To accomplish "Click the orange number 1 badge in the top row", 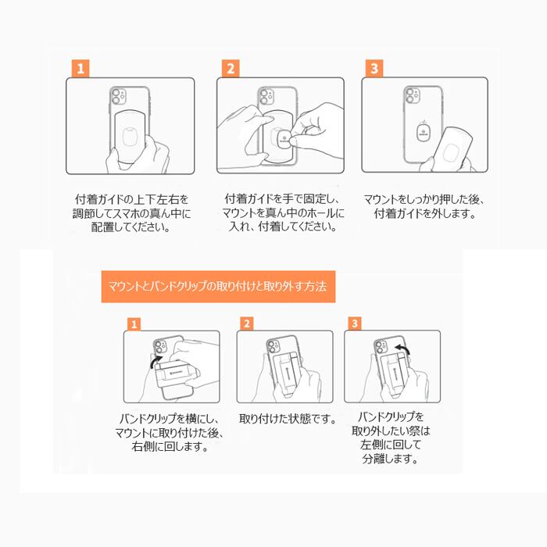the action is click(80, 69).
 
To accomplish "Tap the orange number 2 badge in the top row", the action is click(231, 68).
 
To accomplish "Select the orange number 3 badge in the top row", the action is click(374, 68).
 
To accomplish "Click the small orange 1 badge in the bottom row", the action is click(134, 324).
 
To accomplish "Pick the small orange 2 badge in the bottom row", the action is click(247, 324).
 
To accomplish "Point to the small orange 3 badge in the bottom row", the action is click(355, 324).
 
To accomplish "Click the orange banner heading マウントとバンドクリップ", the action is click(218, 287).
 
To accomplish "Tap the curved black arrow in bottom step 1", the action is click(156, 361).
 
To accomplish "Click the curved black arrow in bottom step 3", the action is click(402, 349).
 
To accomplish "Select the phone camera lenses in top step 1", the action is click(117, 96).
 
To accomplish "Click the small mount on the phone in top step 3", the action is click(424, 133).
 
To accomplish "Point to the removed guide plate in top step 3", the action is click(453, 149).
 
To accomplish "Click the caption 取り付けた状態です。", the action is click(288, 418).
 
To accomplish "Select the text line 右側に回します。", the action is click(170, 446).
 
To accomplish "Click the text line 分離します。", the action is click(391, 459).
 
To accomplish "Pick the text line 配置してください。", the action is click(130, 227).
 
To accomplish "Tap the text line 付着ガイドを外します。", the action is click(425, 213).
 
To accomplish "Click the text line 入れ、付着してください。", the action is click(283, 227).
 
